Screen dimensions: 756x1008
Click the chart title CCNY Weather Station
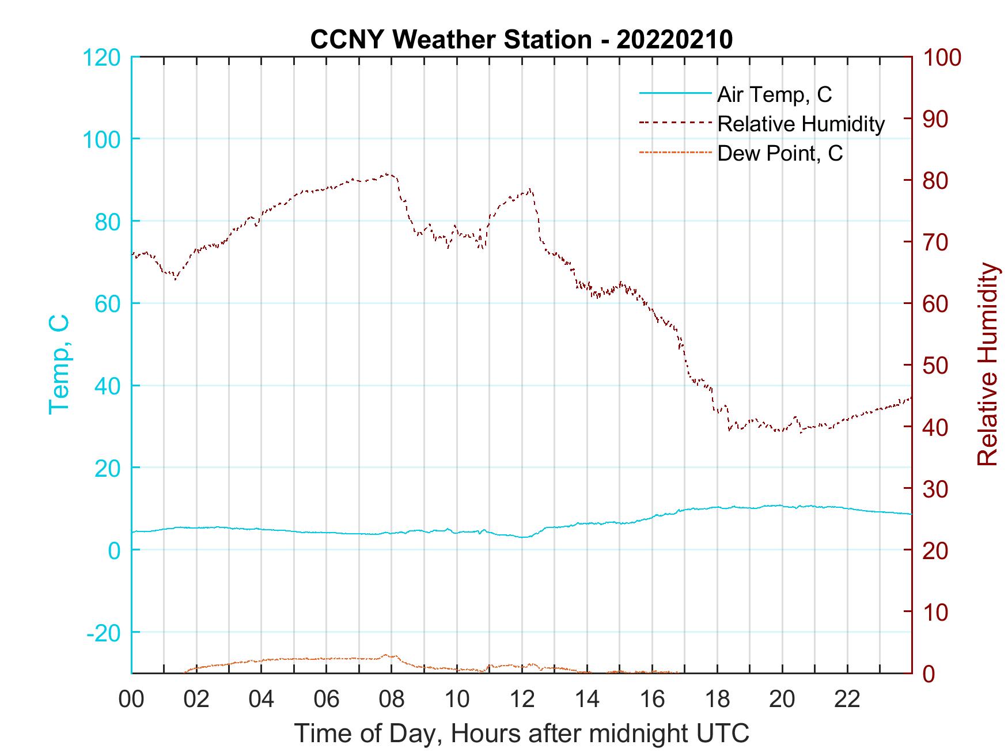pyautogui.click(x=521, y=40)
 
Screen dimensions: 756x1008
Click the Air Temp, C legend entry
pyautogui.click(x=774, y=94)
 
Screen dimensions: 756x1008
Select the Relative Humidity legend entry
pyautogui.click(x=801, y=124)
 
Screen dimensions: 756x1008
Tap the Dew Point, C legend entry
pyautogui.click(x=779, y=154)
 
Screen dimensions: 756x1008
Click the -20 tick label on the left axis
pyautogui.click(x=104, y=633)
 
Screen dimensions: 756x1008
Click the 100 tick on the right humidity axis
pyautogui.click(x=942, y=57)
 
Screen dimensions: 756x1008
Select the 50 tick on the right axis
pyautogui.click(x=936, y=365)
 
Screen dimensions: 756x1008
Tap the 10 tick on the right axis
pyautogui.click(x=936, y=611)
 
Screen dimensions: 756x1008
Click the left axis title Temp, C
pyautogui.click(x=59, y=364)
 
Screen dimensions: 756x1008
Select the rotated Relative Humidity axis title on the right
pyautogui.click(x=987, y=364)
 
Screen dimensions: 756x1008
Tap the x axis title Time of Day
pyautogui.click(x=521, y=734)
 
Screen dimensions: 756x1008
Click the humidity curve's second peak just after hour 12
pyautogui.click(x=529, y=189)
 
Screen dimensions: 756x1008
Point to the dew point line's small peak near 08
pyautogui.click(x=386, y=655)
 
